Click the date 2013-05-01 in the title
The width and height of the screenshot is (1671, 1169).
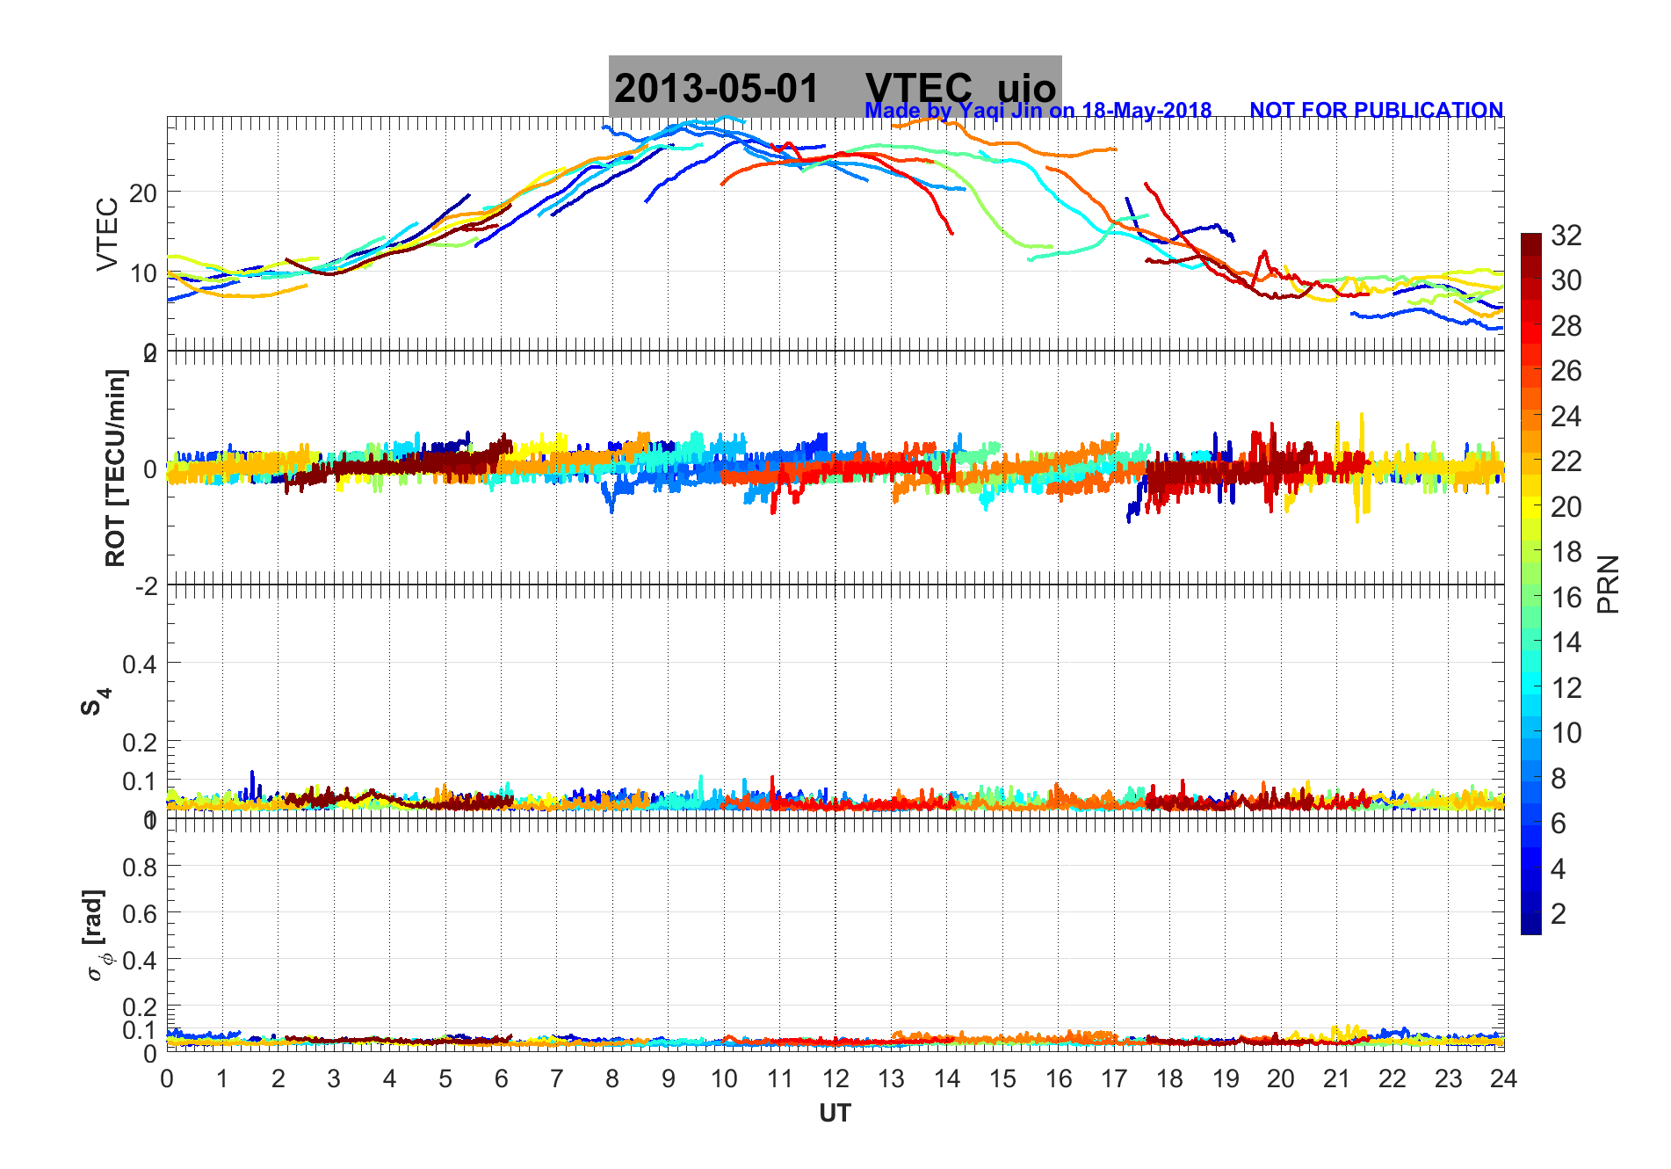716,88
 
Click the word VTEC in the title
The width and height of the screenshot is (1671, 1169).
918,88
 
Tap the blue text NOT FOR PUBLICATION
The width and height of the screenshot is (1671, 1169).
1376,110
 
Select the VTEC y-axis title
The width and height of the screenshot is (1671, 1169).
107,234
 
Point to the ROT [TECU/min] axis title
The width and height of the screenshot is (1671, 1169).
115,468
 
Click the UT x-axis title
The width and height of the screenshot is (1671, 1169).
835,1114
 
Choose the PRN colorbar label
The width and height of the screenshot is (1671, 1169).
1608,584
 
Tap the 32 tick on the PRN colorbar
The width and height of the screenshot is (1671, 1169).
1566,235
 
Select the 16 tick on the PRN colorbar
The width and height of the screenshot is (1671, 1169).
1566,598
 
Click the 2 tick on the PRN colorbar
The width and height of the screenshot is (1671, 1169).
1558,914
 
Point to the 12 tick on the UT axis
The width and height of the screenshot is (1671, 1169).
835,1078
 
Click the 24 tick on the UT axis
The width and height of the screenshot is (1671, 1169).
1503,1078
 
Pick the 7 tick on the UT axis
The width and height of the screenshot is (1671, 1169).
557,1078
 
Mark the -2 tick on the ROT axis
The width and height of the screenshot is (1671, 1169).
146,585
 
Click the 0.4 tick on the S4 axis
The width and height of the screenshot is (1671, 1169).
140,664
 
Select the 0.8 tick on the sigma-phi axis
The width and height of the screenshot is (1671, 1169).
140,868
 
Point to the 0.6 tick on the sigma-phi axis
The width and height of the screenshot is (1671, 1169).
140,914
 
